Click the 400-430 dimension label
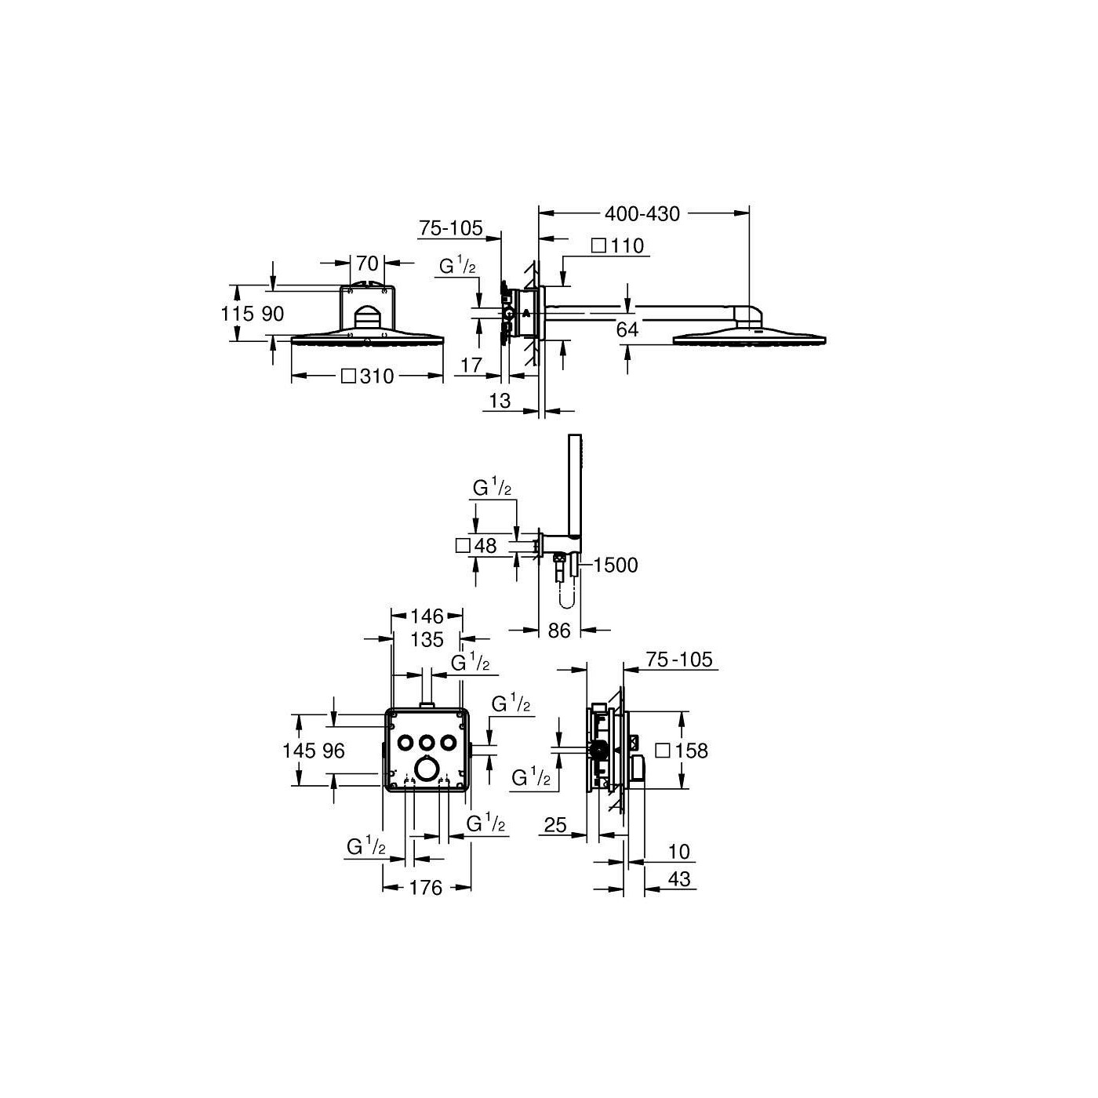[642, 214]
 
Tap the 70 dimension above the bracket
[368, 264]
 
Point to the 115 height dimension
[237, 314]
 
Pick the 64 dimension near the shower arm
[627, 329]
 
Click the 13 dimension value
[500, 401]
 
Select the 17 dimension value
[471, 365]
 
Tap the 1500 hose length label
[616, 565]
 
